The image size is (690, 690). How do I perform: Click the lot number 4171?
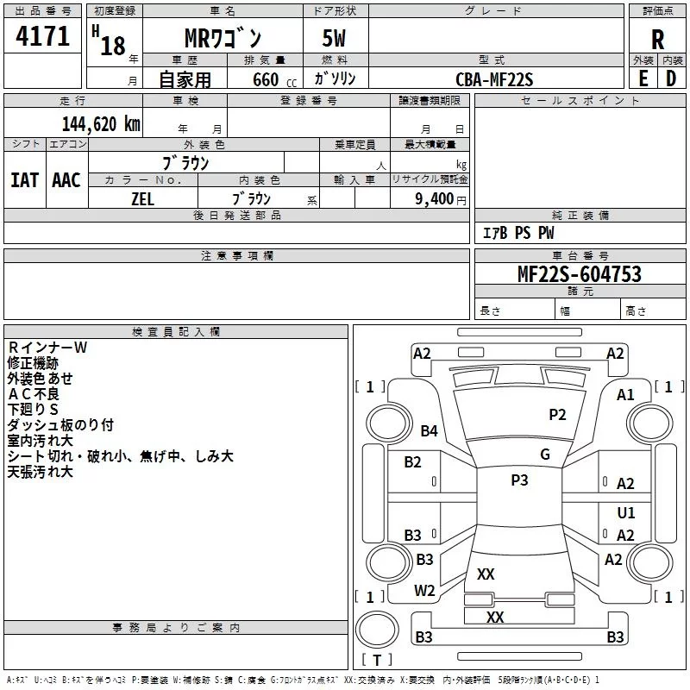click(42, 36)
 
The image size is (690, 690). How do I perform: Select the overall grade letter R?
click(657, 40)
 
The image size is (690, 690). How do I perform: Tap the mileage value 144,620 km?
click(101, 124)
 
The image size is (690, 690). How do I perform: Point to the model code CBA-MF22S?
click(494, 79)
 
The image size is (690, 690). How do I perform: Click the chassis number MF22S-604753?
click(580, 273)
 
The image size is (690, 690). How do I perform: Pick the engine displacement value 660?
click(266, 79)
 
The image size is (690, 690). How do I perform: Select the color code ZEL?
click(142, 199)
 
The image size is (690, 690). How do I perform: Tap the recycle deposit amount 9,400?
click(435, 198)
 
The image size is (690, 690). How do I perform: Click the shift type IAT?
click(25, 180)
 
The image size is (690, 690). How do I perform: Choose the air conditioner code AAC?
click(66, 180)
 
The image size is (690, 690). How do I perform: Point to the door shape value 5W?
click(334, 38)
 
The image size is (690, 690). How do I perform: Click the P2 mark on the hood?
click(557, 414)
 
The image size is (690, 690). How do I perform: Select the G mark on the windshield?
click(545, 455)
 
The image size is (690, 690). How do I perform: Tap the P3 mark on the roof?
click(519, 480)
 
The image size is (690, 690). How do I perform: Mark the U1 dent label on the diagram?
click(626, 512)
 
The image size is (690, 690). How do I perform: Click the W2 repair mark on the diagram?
click(424, 591)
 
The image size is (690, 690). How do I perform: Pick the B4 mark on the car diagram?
click(429, 430)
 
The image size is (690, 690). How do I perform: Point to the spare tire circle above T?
click(377, 630)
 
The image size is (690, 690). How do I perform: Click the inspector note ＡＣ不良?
click(34, 394)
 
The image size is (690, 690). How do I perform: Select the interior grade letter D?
click(671, 78)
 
